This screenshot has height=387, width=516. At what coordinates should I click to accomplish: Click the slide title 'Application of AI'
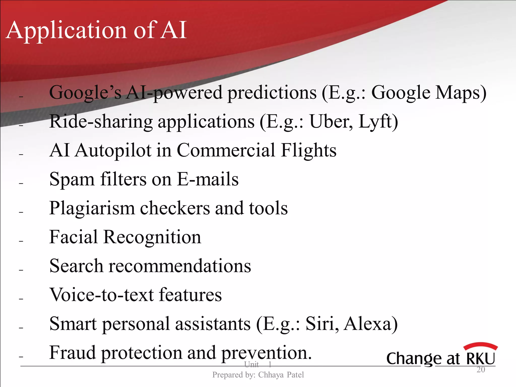pyautogui.click(x=96, y=30)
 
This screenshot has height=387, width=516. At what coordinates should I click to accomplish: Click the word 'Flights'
pyautogui.click(x=309, y=150)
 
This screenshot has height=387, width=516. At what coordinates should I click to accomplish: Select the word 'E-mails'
pyautogui.click(x=208, y=179)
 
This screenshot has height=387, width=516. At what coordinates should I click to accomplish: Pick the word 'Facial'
pyautogui.click(x=74, y=237)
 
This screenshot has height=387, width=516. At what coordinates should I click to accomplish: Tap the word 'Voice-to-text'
pyautogui.click(x=102, y=295)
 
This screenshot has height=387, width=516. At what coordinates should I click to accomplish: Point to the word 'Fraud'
pyautogui.click(x=73, y=353)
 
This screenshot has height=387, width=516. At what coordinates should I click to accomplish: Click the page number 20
pyautogui.click(x=481, y=370)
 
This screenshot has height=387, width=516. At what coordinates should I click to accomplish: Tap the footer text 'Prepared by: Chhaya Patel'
pyautogui.click(x=258, y=375)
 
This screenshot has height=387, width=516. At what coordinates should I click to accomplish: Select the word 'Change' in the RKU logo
pyautogui.click(x=414, y=359)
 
